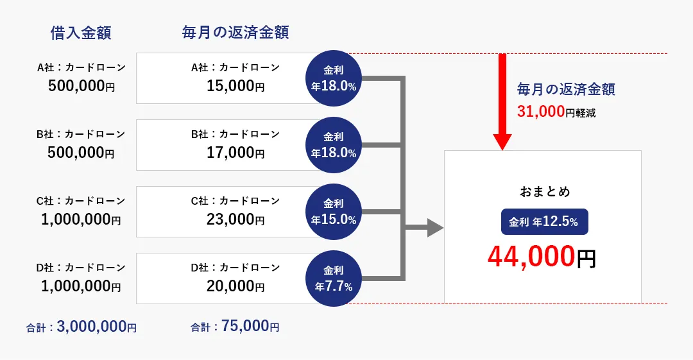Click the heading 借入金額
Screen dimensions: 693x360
click(x=80, y=33)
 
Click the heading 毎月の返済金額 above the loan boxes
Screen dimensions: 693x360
click(x=235, y=33)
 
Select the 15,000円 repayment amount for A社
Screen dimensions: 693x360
click(x=235, y=86)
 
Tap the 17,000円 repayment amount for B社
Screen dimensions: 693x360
click(x=235, y=153)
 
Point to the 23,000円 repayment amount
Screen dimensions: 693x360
click(x=235, y=219)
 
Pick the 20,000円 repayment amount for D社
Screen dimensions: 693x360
click(x=235, y=286)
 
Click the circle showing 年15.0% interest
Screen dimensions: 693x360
click(x=334, y=212)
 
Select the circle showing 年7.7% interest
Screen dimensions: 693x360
click(x=334, y=279)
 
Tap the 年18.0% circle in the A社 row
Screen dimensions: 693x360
click(x=334, y=78)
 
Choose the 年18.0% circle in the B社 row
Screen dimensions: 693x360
click(x=334, y=145)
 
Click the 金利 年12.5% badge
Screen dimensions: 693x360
click(x=545, y=221)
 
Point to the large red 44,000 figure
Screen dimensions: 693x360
click(x=532, y=257)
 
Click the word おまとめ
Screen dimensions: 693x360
click(x=545, y=191)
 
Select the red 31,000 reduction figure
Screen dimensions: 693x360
click(x=541, y=112)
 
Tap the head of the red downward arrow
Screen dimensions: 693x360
click(x=502, y=142)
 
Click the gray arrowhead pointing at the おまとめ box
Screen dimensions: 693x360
click(x=435, y=228)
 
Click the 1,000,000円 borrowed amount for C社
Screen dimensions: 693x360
click(x=81, y=219)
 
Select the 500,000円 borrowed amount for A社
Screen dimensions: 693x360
click(x=81, y=86)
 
